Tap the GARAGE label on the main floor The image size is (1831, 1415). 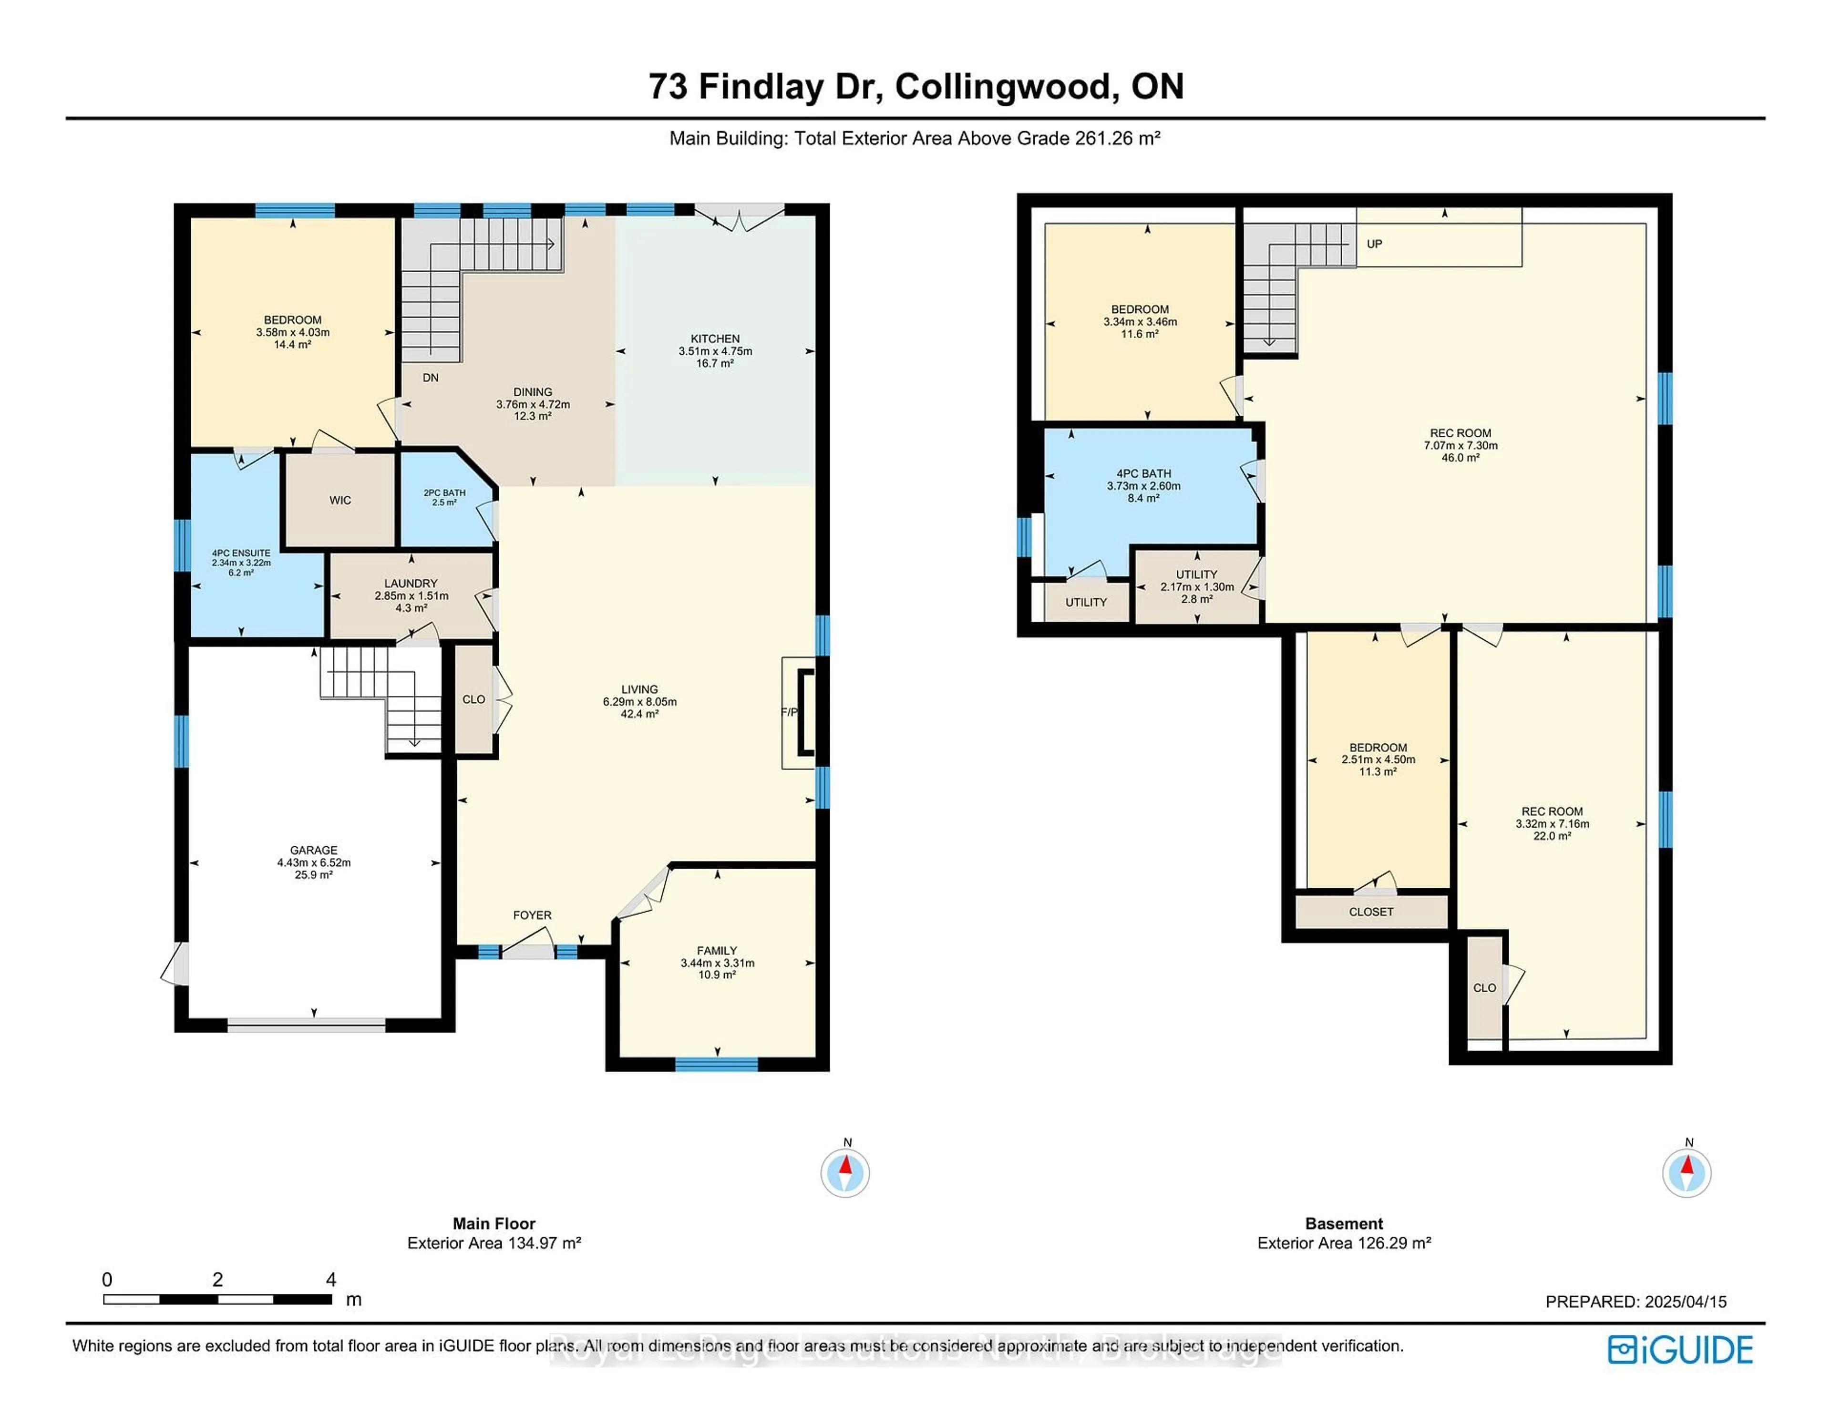(x=314, y=850)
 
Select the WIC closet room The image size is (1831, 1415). (x=339, y=501)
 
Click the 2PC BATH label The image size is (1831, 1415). (x=444, y=493)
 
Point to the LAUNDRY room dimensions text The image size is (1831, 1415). (x=411, y=596)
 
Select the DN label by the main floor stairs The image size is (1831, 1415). (x=430, y=378)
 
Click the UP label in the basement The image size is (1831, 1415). (x=1374, y=244)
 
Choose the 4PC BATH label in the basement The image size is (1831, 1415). (x=1143, y=473)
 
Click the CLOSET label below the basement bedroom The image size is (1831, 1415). (x=1371, y=912)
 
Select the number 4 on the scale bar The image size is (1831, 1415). (x=331, y=1279)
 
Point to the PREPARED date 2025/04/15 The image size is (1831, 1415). (x=1636, y=1302)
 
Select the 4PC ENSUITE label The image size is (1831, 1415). (x=241, y=553)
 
